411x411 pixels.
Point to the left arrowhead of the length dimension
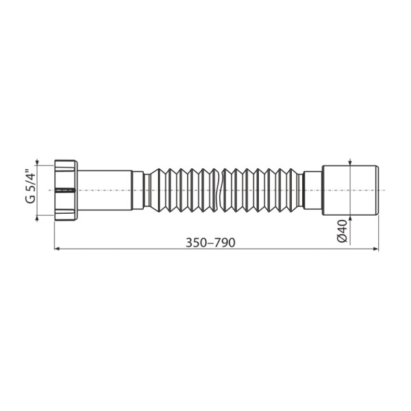tap(57, 250)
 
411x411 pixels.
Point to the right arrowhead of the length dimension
tap(376, 250)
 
